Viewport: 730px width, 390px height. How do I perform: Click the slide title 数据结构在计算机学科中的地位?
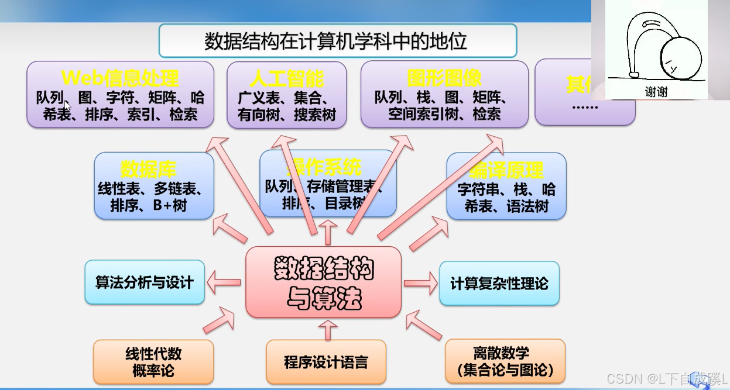(x=337, y=41)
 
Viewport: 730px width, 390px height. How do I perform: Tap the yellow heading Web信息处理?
(x=120, y=78)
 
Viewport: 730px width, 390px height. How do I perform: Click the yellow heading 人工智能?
(x=287, y=78)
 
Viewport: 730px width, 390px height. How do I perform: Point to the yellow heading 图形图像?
(x=444, y=78)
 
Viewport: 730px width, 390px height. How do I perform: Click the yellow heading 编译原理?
(x=506, y=171)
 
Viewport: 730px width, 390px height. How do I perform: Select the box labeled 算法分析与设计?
(x=145, y=282)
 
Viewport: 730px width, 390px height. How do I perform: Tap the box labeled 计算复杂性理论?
(x=499, y=284)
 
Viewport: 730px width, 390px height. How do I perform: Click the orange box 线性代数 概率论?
(x=153, y=362)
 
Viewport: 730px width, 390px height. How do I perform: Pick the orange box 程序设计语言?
(x=326, y=362)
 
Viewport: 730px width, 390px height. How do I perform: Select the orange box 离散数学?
(x=505, y=362)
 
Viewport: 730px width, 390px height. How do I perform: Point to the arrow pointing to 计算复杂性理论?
(x=420, y=284)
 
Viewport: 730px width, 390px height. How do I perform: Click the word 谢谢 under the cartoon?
(x=656, y=92)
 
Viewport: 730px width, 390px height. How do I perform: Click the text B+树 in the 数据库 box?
(x=171, y=206)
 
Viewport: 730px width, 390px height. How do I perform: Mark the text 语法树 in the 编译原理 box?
(x=527, y=206)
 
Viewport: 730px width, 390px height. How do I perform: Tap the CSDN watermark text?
(x=666, y=379)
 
